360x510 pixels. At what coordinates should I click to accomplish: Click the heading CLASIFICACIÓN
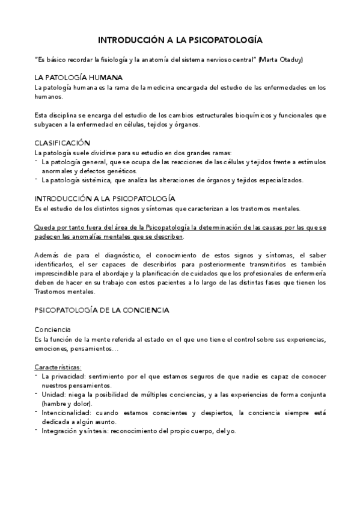coord(62,143)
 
